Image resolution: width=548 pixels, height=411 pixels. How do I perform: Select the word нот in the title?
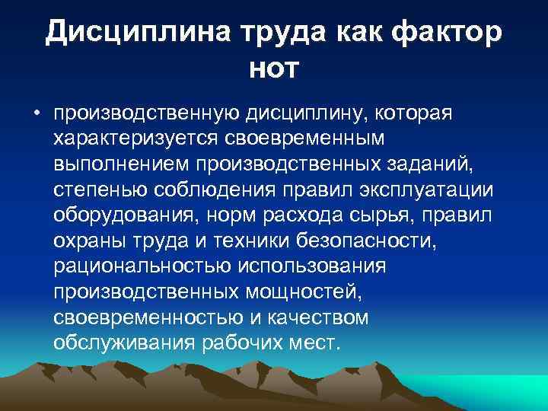point(274,68)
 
